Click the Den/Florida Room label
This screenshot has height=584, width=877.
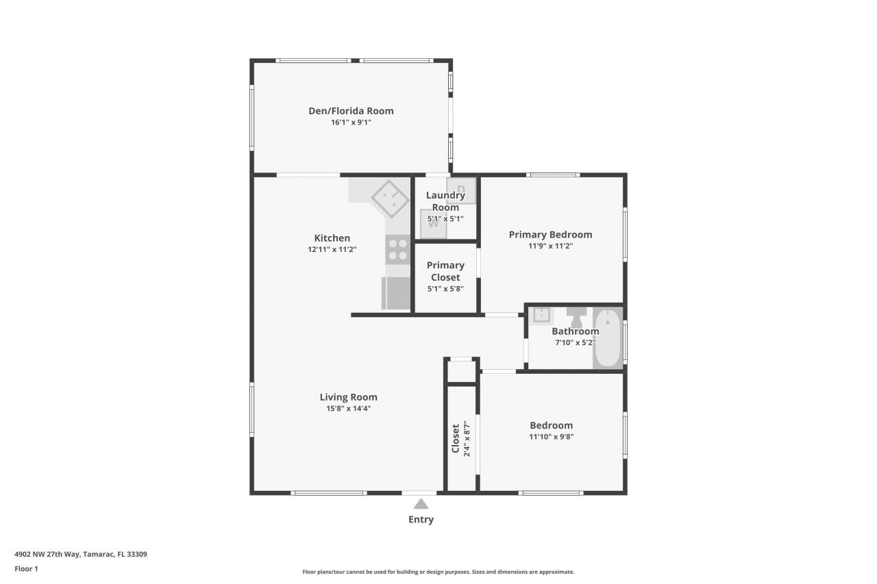[x=351, y=111]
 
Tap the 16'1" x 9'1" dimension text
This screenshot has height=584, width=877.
[x=351, y=123]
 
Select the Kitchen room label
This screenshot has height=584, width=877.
[x=332, y=238]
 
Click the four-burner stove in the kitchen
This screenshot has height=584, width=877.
[x=397, y=250]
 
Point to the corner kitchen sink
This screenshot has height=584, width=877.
[x=391, y=199]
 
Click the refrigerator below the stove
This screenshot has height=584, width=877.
[x=395, y=293]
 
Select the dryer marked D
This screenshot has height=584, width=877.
[x=461, y=190]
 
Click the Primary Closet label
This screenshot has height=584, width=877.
[x=445, y=271]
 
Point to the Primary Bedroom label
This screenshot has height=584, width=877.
[x=550, y=234]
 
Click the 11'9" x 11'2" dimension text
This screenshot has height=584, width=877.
[x=550, y=246]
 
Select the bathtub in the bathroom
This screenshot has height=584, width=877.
[x=607, y=340]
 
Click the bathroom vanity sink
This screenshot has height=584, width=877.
[x=541, y=315]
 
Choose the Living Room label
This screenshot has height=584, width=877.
[x=348, y=397]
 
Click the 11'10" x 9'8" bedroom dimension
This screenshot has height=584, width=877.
[x=551, y=436]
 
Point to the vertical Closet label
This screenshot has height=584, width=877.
[x=456, y=439]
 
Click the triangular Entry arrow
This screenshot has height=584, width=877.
[x=421, y=504]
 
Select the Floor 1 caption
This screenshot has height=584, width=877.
[x=26, y=569]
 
